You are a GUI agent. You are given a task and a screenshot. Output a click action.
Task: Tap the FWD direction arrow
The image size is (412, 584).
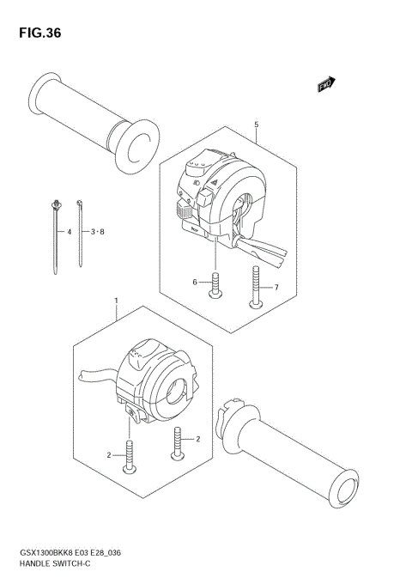(x=325, y=84)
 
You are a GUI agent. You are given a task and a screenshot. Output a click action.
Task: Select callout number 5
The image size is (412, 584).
(x=256, y=125)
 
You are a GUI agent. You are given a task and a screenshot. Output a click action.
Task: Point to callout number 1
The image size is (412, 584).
(x=116, y=302)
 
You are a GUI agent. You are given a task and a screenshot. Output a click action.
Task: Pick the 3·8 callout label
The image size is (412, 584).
(x=96, y=232)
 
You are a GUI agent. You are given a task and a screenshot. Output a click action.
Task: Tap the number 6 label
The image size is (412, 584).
(x=195, y=282)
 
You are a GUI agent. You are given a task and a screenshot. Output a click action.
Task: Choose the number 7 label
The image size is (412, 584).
(x=276, y=288)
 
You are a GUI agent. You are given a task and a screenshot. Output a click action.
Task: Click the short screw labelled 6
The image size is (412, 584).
(x=215, y=287)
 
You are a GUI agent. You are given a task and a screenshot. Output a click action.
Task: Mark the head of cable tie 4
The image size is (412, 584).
(x=56, y=204)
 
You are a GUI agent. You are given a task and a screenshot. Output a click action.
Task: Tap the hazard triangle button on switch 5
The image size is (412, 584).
(x=211, y=177)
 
